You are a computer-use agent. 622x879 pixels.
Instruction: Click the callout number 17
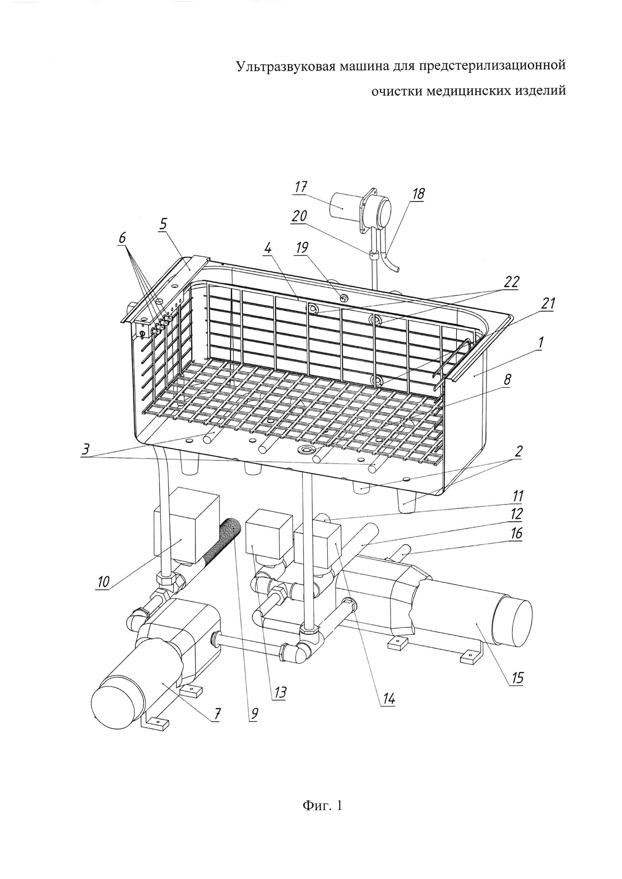[301, 188]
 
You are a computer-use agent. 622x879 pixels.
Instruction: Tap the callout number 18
[418, 194]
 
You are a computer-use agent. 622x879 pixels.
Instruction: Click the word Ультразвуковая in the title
[285, 66]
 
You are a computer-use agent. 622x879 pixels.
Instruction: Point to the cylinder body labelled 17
[343, 207]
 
